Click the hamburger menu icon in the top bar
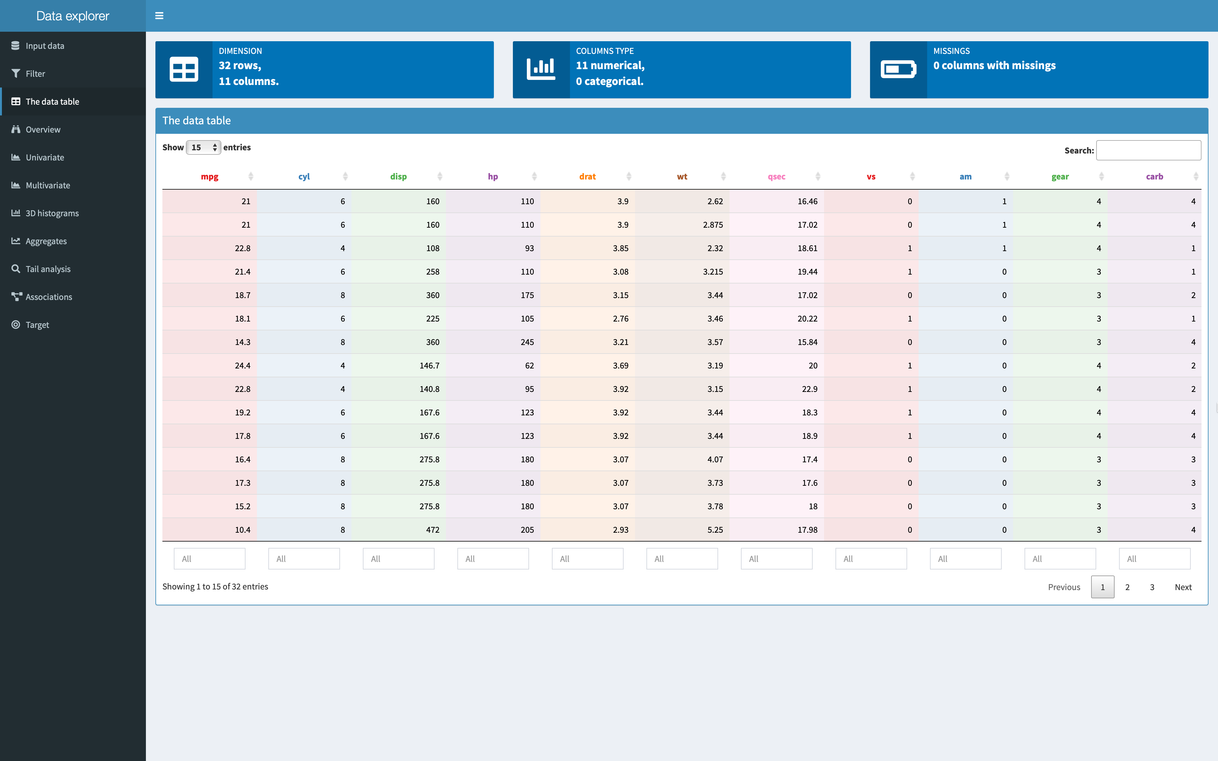tap(159, 16)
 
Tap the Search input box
tap(1149, 150)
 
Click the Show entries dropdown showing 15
tap(203, 147)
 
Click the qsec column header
tap(776, 177)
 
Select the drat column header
tap(587, 177)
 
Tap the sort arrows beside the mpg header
tap(251, 176)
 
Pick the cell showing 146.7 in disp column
tap(429, 365)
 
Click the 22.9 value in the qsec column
tap(809, 389)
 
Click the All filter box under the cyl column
tap(304, 559)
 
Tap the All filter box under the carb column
tap(1155, 559)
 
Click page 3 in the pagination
tap(1152, 587)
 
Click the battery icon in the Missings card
tap(898, 69)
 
